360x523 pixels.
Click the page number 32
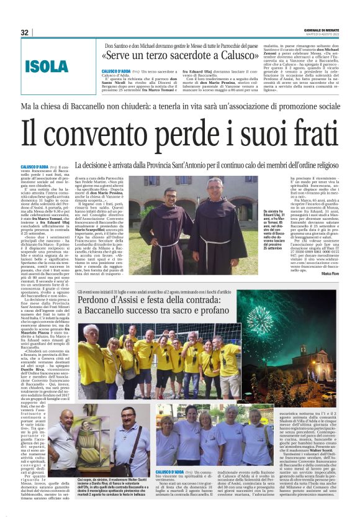25,32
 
